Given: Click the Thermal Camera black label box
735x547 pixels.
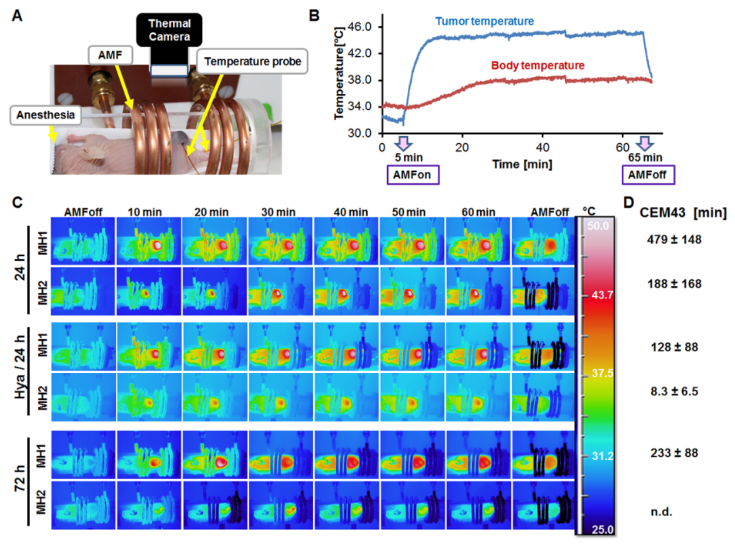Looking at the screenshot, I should coord(169,30).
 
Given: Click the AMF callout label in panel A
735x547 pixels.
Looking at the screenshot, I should coord(110,55).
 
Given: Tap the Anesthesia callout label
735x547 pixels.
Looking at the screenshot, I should coord(45,115).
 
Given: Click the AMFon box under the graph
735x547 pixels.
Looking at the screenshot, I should coord(413,175).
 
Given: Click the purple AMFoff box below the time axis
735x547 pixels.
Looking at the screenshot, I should coord(648,175).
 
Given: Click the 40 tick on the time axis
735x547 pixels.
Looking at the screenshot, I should coord(542,147).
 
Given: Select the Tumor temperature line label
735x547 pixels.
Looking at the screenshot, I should coord(484,21).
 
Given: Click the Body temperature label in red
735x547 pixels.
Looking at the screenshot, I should coord(537,65).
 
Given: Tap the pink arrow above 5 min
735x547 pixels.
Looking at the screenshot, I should coord(403,143).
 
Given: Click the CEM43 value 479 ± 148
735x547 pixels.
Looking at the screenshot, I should coord(674,239).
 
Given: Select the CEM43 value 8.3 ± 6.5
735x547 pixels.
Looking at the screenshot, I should coord(674,391).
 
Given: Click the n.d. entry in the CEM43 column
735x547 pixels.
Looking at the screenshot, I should coord(661,512).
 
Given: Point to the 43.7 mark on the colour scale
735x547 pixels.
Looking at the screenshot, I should coord(602,295).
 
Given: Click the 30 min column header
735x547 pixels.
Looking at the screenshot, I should coord(278,212).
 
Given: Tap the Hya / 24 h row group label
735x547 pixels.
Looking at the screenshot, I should coord(20,371).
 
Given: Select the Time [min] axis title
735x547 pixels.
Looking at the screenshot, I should coord(522,164).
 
